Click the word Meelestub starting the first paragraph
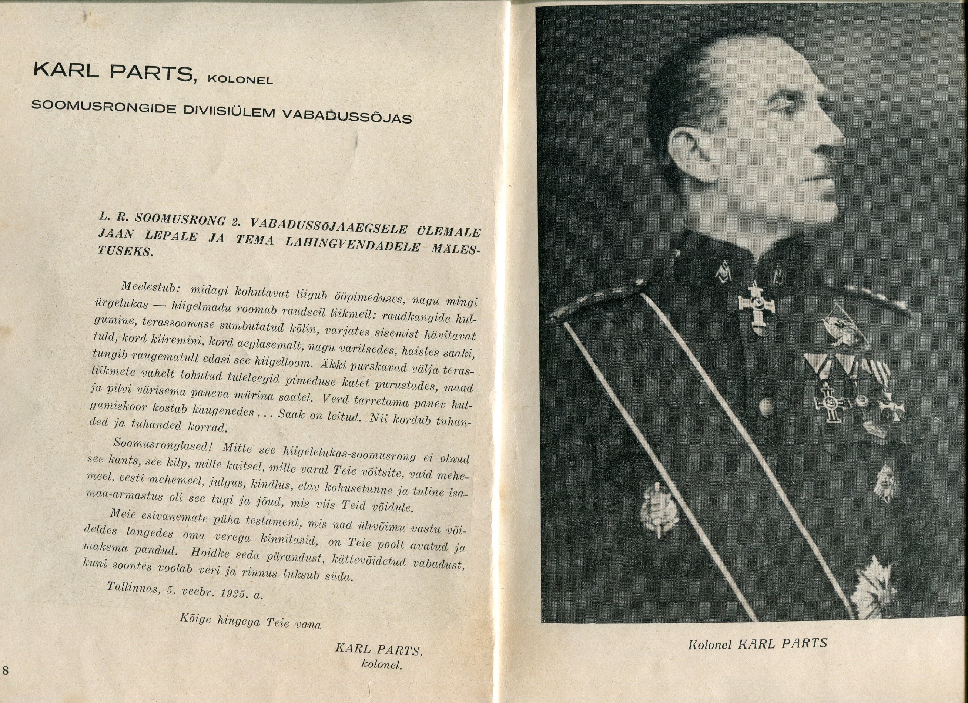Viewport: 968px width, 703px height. coord(148,287)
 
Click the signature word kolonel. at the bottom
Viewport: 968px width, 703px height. coord(382,664)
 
